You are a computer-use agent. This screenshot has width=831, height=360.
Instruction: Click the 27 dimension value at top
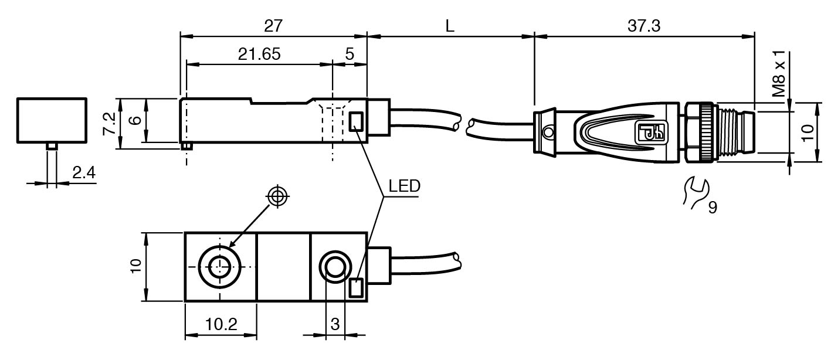[x=273, y=26]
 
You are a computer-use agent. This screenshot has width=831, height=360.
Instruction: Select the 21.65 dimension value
[x=259, y=54]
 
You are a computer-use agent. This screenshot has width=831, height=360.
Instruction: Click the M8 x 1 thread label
[x=779, y=74]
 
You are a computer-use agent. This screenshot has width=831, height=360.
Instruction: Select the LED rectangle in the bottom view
[x=356, y=288]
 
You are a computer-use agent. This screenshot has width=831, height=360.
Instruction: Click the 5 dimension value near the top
[x=350, y=54]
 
